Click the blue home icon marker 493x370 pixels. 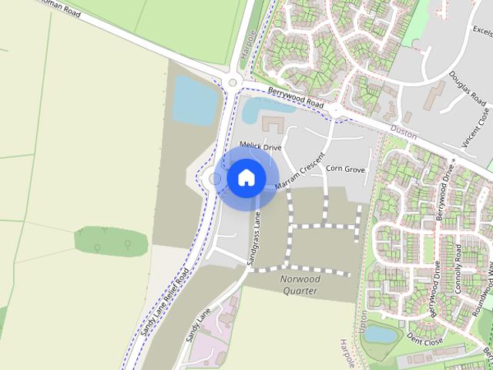[x=246, y=177]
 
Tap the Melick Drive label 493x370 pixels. [x=261, y=146]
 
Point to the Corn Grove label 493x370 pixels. [x=345, y=168]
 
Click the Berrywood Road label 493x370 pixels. [x=295, y=98]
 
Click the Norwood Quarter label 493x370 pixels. [x=300, y=284]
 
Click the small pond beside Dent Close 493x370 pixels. [x=380, y=334]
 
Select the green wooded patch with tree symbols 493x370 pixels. [x=111, y=240]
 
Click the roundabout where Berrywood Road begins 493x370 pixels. [x=233, y=82]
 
